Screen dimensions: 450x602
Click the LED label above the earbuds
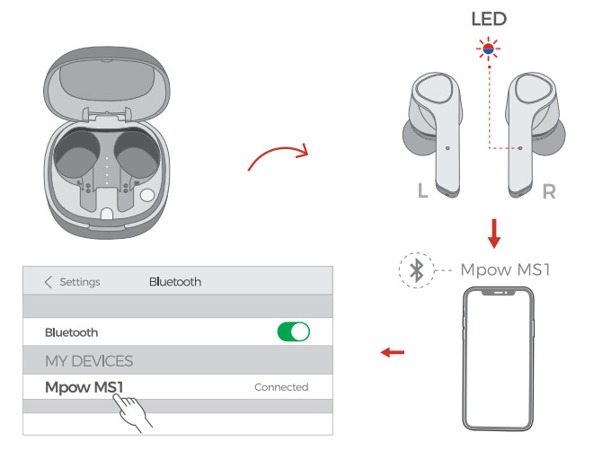(489, 18)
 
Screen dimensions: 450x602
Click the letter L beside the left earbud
(422, 191)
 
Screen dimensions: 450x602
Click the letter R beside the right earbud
(548, 191)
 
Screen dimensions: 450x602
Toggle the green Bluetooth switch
(293, 331)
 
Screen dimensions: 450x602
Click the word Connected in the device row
(280, 387)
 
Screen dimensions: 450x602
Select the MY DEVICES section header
(89, 360)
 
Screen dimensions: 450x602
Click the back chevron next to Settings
(49, 282)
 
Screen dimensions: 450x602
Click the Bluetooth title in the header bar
(174, 282)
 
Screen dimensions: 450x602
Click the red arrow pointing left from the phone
(392, 352)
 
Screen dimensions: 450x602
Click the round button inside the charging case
(147, 195)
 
